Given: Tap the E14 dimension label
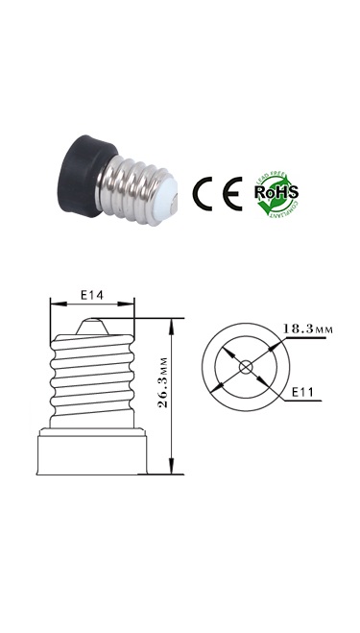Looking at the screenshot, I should pyautogui.click(x=91, y=295).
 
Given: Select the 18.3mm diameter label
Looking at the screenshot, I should pyautogui.click(x=306, y=329).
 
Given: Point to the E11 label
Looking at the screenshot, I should pyautogui.click(x=304, y=393).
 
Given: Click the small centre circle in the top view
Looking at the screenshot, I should pyautogui.click(x=245, y=365).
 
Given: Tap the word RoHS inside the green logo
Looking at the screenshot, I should pyautogui.click(x=276, y=191).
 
